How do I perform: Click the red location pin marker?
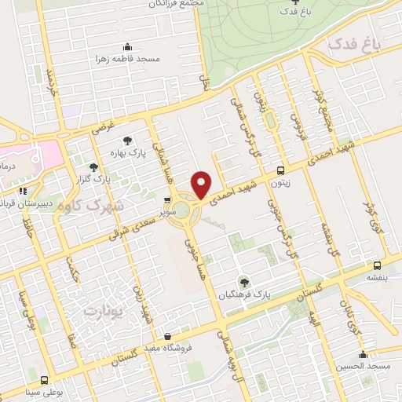[x=202, y=184]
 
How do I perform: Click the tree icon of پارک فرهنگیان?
[x=244, y=280]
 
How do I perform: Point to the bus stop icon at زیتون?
[x=280, y=170]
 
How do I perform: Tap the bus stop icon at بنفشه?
[x=377, y=265]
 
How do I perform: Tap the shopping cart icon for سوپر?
[x=167, y=201]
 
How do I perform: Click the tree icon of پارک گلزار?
[x=94, y=166]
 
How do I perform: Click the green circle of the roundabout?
[x=181, y=210]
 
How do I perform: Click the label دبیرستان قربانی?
[x=27, y=203]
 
